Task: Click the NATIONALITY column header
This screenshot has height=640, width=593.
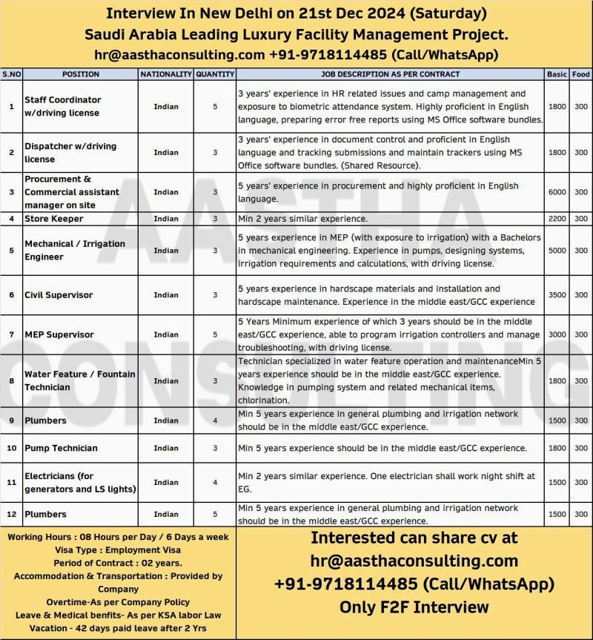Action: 166,74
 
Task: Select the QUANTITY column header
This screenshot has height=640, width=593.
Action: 215,74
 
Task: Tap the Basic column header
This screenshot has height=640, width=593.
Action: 557,74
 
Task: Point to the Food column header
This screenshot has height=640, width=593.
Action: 581,74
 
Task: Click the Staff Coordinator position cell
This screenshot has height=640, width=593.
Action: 63,106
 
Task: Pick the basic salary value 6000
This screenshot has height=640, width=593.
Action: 557,192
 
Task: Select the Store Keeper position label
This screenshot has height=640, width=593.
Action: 54,219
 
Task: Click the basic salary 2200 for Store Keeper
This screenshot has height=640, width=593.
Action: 557,219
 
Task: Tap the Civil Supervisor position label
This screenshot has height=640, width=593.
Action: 59,294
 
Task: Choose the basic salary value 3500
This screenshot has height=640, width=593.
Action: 557,294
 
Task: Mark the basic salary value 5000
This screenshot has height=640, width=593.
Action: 557,251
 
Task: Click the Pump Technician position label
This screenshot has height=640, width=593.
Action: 61,448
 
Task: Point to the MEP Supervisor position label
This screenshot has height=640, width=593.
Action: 59,334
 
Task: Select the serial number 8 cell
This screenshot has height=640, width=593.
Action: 11,381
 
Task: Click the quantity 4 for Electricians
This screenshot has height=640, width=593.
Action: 215,482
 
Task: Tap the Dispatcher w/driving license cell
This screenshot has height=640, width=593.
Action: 70,152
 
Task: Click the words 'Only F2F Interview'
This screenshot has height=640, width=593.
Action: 414,607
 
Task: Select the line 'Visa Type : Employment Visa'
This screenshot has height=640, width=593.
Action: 118,550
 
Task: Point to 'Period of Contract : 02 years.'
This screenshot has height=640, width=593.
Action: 118,563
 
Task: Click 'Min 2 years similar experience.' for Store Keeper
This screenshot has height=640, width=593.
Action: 302,219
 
